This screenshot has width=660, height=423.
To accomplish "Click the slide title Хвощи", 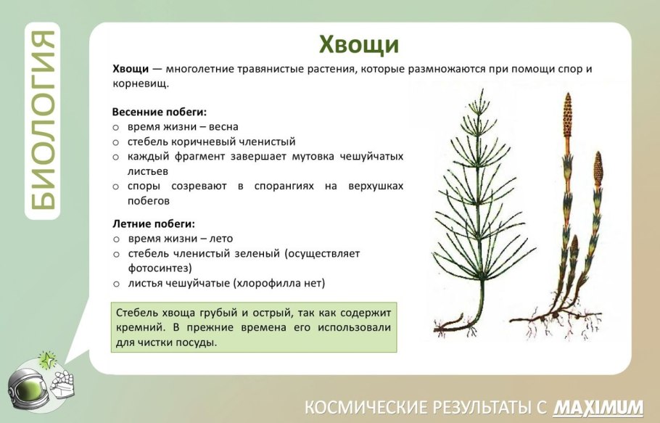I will pos(359,45).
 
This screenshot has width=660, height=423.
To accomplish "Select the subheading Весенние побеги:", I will pos(160,112).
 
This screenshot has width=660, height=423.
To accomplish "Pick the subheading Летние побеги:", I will pos(154,223).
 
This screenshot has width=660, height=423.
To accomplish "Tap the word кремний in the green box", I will pos(138,328).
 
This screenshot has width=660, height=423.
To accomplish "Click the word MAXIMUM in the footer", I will pos(598,406).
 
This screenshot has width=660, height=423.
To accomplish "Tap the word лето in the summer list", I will pos(220,238).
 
